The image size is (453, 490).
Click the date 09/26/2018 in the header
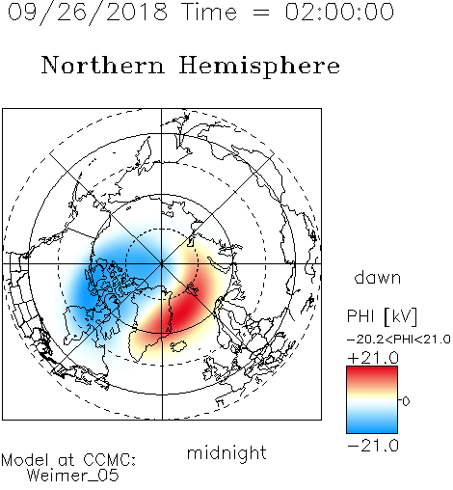pos(88,13)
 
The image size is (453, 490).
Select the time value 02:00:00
pos(339,12)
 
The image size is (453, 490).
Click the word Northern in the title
pos(102,66)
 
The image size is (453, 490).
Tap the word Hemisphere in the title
pos(259,67)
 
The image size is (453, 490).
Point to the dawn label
pos(377,277)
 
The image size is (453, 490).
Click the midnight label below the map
pos(226,452)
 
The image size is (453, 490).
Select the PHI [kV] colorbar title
pos(382,316)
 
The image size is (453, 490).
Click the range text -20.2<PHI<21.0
pos(399,340)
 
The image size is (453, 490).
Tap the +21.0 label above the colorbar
pos(373,358)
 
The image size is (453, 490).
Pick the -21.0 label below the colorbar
pos(373,446)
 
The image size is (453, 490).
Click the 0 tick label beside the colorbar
pos(406,401)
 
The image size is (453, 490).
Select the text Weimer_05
pos(72,476)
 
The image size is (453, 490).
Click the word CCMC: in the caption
pos(110,460)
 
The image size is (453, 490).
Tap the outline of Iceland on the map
pos(178,345)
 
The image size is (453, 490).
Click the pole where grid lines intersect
pos(162,263)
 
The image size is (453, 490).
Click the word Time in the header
pos(209,12)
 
